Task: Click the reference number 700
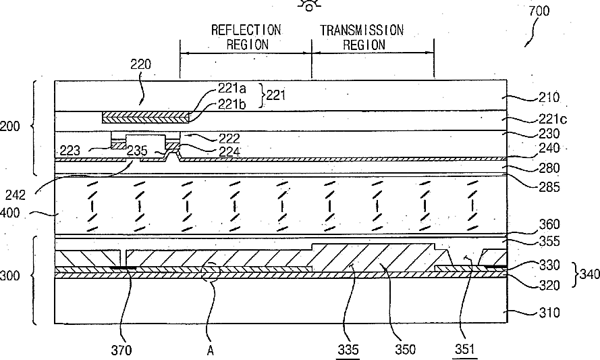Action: point(539,11)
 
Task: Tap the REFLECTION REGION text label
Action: point(246,37)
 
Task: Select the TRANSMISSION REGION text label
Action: point(362,37)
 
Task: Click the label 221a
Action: point(231,88)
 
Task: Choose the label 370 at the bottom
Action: point(122,350)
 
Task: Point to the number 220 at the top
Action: point(140,65)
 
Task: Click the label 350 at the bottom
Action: point(406,349)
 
